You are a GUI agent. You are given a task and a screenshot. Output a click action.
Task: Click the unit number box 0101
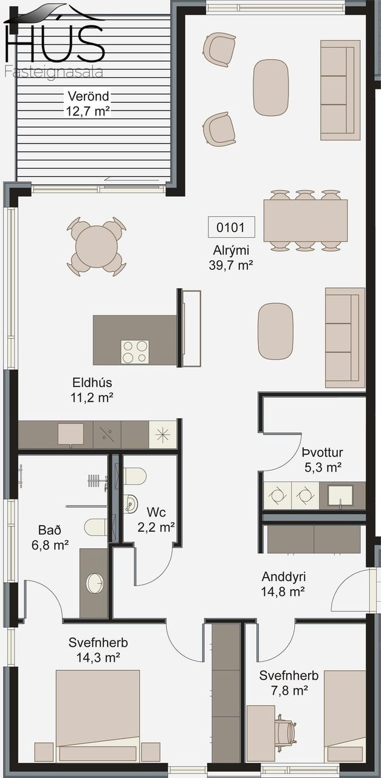point(232,227)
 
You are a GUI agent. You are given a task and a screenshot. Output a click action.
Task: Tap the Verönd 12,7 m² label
point(88,103)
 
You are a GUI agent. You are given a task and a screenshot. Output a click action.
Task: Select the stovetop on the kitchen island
point(135,352)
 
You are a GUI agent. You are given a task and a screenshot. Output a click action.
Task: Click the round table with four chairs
point(97,247)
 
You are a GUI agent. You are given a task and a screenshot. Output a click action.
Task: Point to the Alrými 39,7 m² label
point(231,257)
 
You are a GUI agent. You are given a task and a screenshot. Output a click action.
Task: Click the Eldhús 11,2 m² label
point(92,390)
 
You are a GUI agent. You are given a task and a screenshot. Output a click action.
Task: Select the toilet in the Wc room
point(135,476)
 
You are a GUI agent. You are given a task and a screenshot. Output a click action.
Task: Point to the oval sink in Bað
point(95,583)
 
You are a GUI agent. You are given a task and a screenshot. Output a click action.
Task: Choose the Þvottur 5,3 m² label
point(323,460)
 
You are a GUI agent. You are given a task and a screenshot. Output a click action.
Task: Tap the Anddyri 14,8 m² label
point(283,584)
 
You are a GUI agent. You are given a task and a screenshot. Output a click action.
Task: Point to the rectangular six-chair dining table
point(305,221)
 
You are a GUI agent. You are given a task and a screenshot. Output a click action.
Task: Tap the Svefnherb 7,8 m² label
point(289,683)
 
